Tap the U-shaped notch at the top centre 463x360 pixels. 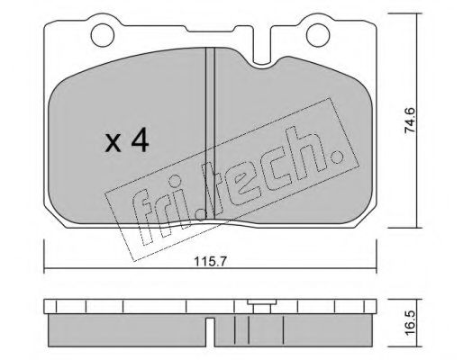[x=268, y=56]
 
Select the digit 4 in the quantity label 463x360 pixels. [x=141, y=141]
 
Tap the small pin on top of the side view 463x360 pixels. [x=263, y=306]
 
